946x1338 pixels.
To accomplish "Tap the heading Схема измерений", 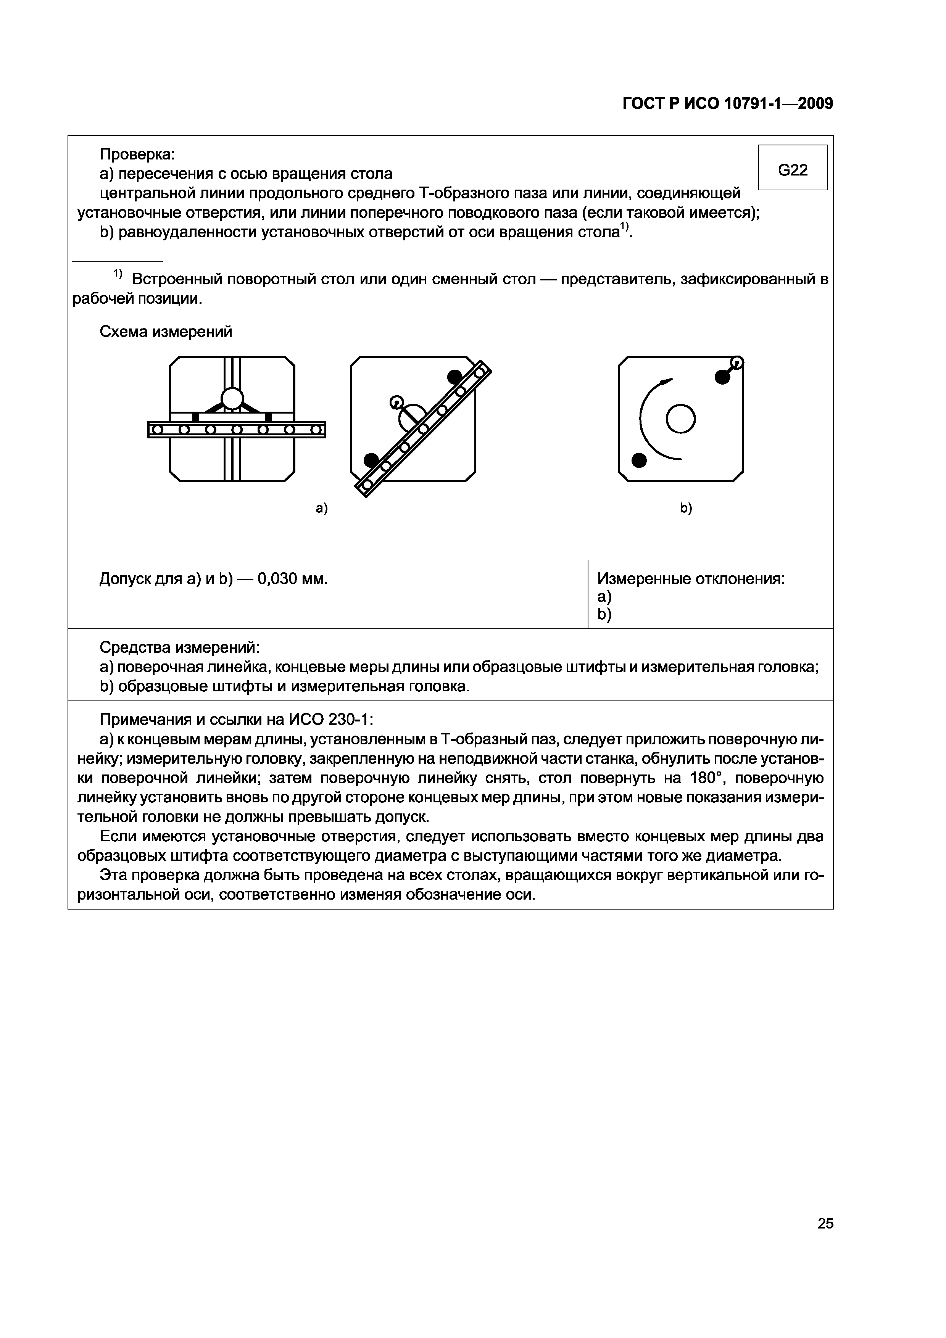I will coord(166,332).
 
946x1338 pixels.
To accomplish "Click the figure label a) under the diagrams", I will coord(322,508).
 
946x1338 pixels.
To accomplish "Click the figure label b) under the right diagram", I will coord(686,508).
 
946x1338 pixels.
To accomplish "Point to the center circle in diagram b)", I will coord(680,419).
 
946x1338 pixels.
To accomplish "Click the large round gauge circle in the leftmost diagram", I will coord(232,399).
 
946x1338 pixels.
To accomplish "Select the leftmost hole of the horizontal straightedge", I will coord(157,430).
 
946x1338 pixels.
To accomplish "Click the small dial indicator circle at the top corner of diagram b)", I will coord(737,362).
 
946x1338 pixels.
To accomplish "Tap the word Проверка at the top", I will coord(137,155).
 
